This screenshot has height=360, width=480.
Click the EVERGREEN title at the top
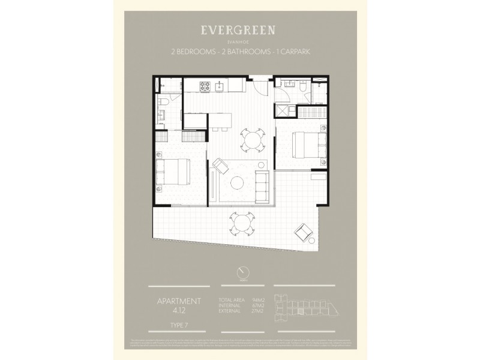(239, 30)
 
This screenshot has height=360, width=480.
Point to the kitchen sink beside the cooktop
(220, 85)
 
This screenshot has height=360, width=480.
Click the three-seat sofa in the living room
(262, 187)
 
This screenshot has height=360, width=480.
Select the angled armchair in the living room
(221, 166)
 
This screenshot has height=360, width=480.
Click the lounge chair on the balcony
(303, 231)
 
